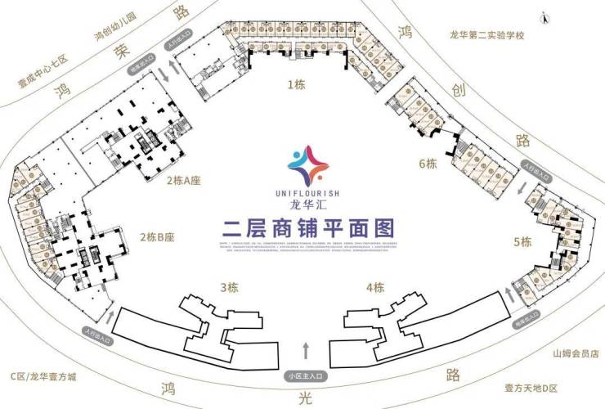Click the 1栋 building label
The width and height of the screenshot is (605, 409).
click(x=295, y=83)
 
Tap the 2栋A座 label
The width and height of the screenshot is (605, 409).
click(x=184, y=180)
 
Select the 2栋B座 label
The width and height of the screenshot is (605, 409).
click(x=157, y=237)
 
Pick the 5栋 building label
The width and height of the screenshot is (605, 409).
click(x=522, y=241)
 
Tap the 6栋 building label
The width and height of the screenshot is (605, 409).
click(x=428, y=163)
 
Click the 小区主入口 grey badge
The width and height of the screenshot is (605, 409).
click(x=306, y=375)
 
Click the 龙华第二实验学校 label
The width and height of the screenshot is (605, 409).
click(x=486, y=35)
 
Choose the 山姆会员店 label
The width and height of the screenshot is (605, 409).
click(x=575, y=354)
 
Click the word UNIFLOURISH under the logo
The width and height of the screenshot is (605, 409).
click(x=302, y=193)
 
